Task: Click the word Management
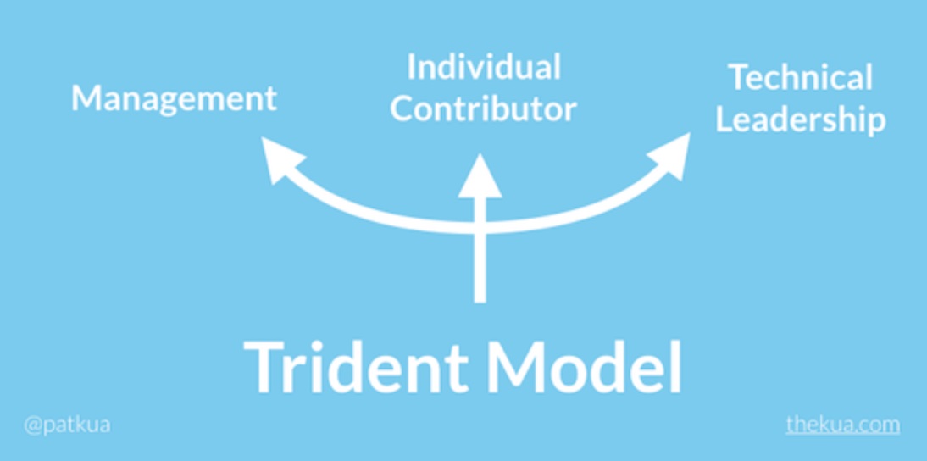click(x=174, y=98)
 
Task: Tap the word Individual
click(x=484, y=67)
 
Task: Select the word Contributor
click(x=483, y=108)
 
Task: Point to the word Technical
click(x=800, y=77)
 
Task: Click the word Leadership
click(x=801, y=120)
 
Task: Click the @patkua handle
click(x=67, y=425)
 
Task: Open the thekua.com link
click(x=843, y=425)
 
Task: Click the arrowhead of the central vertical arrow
click(x=480, y=177)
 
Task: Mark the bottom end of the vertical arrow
click(x=480, y=302)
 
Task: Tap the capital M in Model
click(x=515, y=367)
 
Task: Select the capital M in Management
click(x=85, y=97)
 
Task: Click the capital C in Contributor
click(x=402, y=109)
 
